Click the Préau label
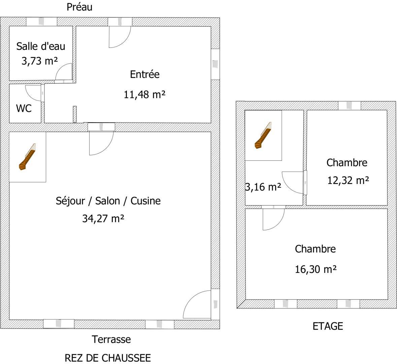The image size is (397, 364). click(x=79, y=7)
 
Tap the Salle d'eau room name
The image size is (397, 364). click(x=41, y=46)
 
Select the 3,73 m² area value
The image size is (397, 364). click(x=40, y=61)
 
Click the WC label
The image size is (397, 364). click(x=24, y=109)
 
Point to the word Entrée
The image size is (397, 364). click(x=145, y=74)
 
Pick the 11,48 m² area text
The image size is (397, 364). click(x=144, y=95)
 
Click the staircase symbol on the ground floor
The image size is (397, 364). click(x=27, y=157)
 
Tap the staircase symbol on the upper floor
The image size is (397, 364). click(x=263, y=135)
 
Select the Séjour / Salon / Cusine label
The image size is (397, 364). click(x=108, y=201)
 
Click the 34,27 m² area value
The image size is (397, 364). click(x=103, y=218)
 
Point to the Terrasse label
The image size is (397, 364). click(x=111, y=339)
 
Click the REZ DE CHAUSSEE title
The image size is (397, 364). click(x=108, y=358)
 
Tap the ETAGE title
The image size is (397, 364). click(x=328, y=326)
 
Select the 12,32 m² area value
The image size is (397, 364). click(x=348, y=180)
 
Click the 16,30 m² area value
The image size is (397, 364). click(x=316, y=269)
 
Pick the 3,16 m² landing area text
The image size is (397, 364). click(x=263, y=187)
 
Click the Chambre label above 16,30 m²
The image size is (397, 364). click(x=316, y=249)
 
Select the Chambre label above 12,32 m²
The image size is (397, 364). click(x=347, y=163)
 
